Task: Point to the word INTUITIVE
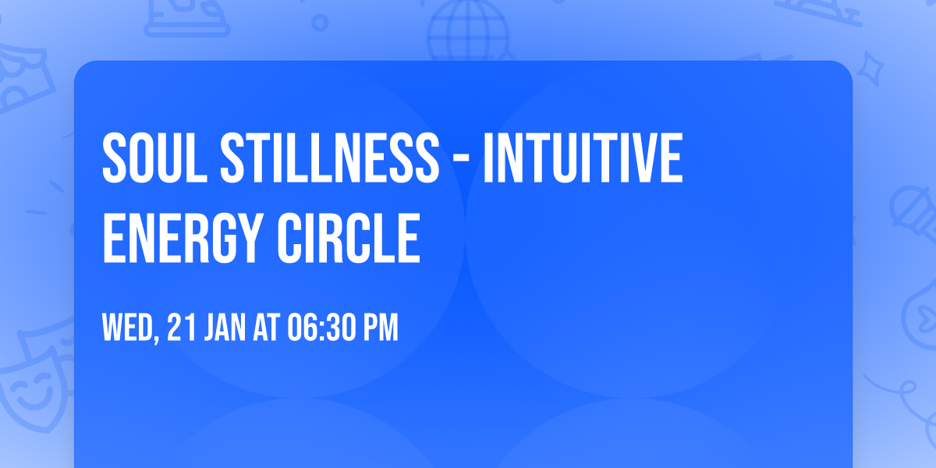(x=583, y=158)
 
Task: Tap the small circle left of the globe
(x=320, y=23)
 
